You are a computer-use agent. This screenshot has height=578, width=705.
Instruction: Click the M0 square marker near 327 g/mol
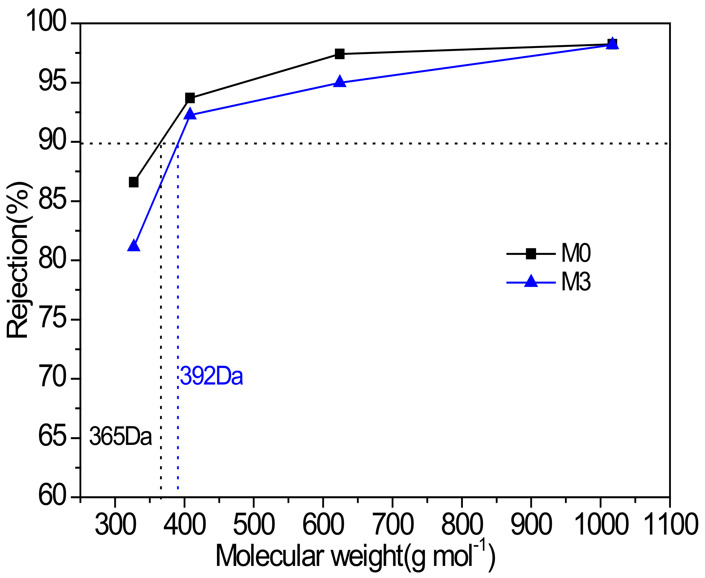[133, 182]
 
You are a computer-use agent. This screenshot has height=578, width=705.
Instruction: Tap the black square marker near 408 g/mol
[190, 98]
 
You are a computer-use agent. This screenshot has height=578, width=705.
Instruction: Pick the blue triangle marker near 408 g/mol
[190, 114]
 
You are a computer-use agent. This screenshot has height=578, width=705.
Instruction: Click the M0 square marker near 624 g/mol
[340, 54]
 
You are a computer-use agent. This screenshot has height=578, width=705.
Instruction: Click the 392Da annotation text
[211, 376]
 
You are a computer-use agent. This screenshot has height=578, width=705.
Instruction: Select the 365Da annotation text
[120, 437]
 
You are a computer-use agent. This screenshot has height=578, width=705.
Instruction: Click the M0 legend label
[576, 253]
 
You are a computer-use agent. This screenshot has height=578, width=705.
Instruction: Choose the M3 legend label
[576, 282]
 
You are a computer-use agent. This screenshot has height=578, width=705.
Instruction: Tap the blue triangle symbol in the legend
[531, 281]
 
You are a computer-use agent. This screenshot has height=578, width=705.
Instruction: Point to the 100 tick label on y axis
[46, 21]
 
